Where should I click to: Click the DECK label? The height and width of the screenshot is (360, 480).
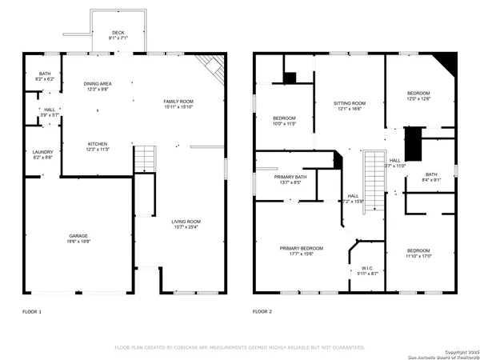point(118,32)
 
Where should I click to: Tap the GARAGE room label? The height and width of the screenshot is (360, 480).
point(78,236)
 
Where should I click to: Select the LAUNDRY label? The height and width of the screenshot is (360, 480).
point(42,152)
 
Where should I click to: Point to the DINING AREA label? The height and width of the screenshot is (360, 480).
point(98,83)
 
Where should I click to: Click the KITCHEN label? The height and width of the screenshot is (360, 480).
point(98,144)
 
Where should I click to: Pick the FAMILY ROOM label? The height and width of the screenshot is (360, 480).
point(179,101)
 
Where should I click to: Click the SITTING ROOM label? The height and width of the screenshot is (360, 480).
point(350,103)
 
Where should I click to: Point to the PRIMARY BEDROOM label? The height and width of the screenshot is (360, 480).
point(302,249)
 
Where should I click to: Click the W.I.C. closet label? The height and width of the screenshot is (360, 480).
point(367,268)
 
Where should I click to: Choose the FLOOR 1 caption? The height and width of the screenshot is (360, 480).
point(32,310)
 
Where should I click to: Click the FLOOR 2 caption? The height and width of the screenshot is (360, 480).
point(262,310)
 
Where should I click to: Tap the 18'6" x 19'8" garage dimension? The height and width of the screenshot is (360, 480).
point(78,241)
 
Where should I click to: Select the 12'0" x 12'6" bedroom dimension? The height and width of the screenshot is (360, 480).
point(418,99)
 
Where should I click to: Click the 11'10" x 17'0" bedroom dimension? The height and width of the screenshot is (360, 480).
point(418,256)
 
